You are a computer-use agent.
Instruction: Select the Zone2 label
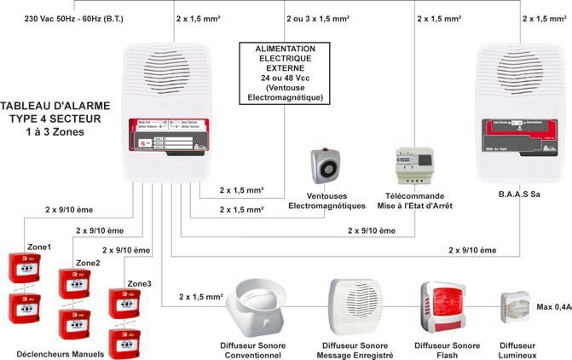88,263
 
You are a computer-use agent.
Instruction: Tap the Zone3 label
140,283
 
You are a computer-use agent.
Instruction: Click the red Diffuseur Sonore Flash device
442,308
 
